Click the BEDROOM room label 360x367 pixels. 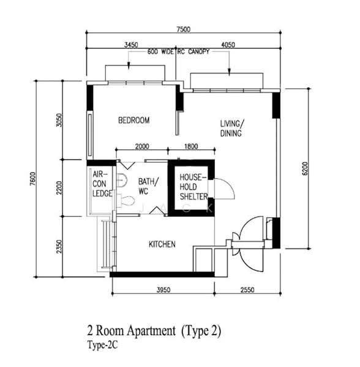133,120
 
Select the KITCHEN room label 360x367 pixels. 162,244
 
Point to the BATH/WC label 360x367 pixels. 149,187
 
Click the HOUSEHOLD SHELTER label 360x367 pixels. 193,187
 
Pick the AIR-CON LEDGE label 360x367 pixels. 102,183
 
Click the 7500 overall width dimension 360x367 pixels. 184,29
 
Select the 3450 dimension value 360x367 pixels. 131,45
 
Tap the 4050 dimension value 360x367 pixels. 228,45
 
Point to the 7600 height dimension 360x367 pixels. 33,179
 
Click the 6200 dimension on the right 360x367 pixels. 305,168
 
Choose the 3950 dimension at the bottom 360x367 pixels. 163,290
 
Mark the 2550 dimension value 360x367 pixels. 247,290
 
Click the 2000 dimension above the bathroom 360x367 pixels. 142,147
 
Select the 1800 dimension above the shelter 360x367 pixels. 191,147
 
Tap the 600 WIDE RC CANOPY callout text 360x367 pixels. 178,51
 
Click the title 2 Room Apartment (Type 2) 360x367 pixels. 154,331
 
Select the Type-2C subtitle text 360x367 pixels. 102,345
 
